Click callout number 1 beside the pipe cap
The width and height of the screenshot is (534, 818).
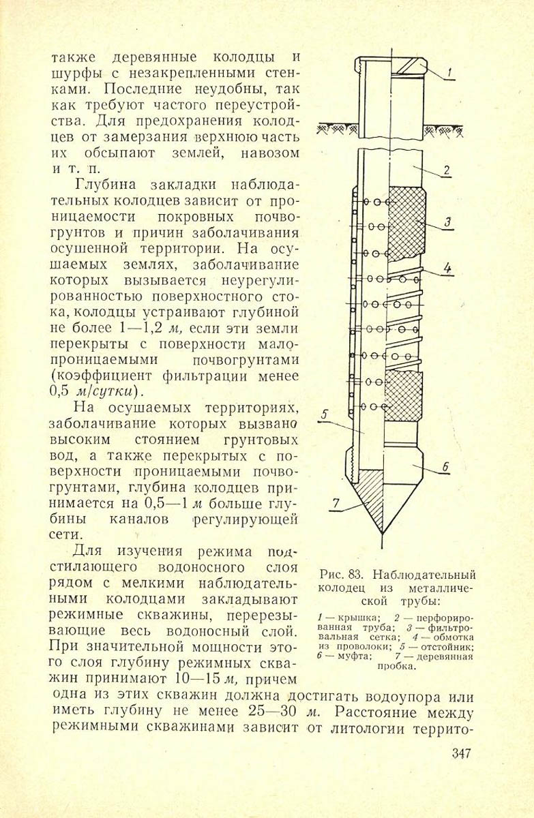coord(451,71)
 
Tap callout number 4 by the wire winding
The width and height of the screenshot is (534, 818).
coord(447,268)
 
